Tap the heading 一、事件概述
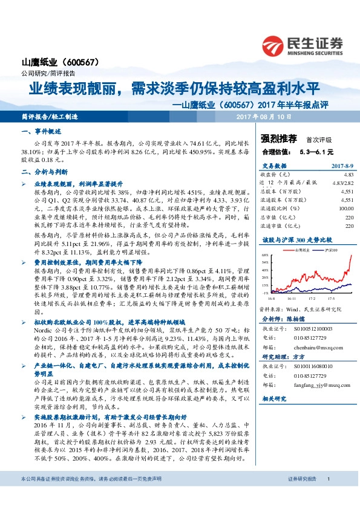point(38,131)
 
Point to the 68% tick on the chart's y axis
point(265,255)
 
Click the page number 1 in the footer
point(328,496)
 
